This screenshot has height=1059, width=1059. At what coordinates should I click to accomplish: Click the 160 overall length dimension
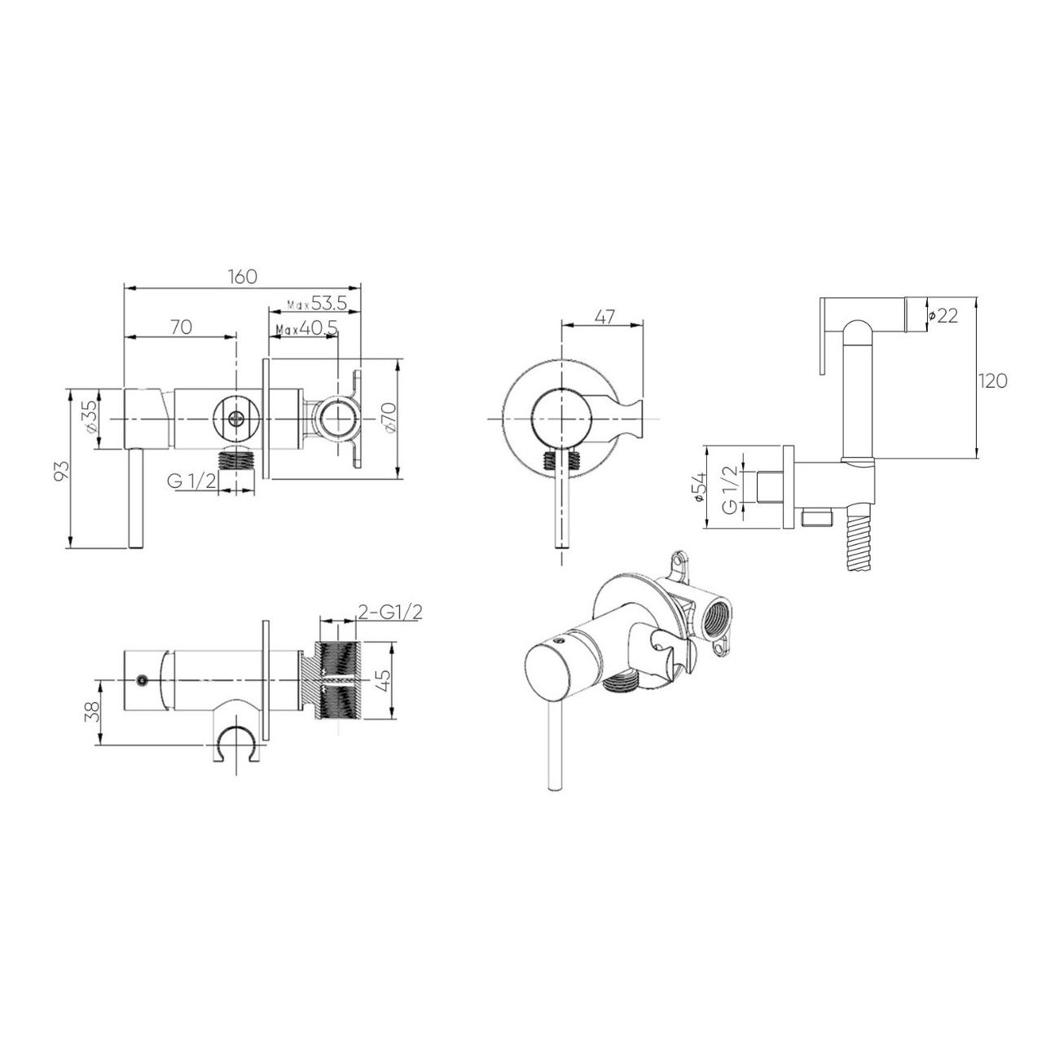pyautogui.click(x=243, y=276)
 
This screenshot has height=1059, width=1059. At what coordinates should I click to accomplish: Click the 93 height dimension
pyautogui.click(x=64, y=470)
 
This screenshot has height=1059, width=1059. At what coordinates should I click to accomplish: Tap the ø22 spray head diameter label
pyautogui.click(x=943, y=315)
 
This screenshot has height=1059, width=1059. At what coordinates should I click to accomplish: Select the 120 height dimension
pyautogui.click(x=992, y=381)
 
